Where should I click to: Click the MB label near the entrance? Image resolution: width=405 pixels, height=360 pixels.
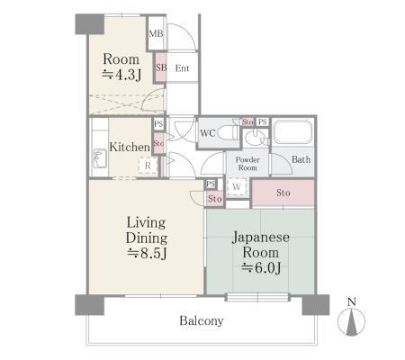156,33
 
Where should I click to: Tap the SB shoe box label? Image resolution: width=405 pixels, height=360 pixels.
161,67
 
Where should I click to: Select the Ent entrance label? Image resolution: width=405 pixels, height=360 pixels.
182,68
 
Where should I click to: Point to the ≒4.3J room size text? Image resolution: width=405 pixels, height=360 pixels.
121,75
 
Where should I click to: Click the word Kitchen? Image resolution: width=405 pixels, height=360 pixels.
130,147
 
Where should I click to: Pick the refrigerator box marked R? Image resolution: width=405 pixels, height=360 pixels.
148,166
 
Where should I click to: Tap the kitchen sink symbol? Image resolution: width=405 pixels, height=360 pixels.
100,158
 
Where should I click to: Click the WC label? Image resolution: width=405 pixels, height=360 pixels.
208,133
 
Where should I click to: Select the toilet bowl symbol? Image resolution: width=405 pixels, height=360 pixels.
229,132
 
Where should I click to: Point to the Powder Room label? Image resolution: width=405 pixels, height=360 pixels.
247,164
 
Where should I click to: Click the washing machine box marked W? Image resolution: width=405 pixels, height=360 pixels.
237,186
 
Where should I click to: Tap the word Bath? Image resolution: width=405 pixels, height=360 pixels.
301,159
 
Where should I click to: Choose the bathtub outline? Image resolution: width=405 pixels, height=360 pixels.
292,132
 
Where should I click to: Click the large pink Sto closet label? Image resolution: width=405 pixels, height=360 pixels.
283,193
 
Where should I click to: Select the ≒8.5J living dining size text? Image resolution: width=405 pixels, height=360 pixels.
147,254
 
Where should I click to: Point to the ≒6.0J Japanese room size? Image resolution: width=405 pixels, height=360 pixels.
261,267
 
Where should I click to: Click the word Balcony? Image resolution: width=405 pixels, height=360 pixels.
202,320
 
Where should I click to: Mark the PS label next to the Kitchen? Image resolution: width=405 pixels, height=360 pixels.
158,123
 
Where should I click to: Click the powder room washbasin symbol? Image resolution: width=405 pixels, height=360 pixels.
255,138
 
